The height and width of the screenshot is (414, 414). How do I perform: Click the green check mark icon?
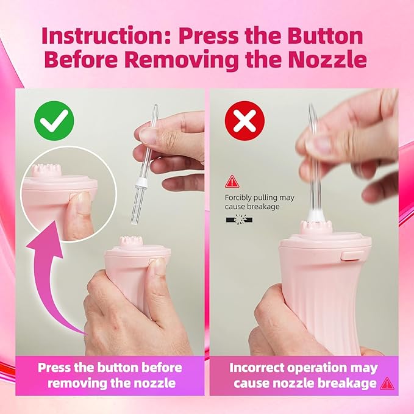tap(54, 121)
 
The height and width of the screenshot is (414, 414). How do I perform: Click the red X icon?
tap(244, 121)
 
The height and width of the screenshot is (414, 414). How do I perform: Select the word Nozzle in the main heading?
tap(327, 60)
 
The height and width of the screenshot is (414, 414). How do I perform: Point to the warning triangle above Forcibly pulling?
tap(232, 181)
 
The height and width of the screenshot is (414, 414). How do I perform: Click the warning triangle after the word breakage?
tap(387, 384)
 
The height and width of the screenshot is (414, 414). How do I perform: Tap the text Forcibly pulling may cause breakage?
tap(260, 202)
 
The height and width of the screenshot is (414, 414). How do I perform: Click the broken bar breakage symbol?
tap(239, 219)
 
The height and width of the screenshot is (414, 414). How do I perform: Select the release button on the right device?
tap(353, 255)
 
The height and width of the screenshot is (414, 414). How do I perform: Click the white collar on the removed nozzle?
tap(140, 182)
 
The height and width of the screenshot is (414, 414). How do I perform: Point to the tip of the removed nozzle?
tap(155, 105)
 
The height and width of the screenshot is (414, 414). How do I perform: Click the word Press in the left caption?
tap(54, 367)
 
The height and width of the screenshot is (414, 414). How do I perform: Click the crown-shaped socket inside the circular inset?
tap(44, 170)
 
